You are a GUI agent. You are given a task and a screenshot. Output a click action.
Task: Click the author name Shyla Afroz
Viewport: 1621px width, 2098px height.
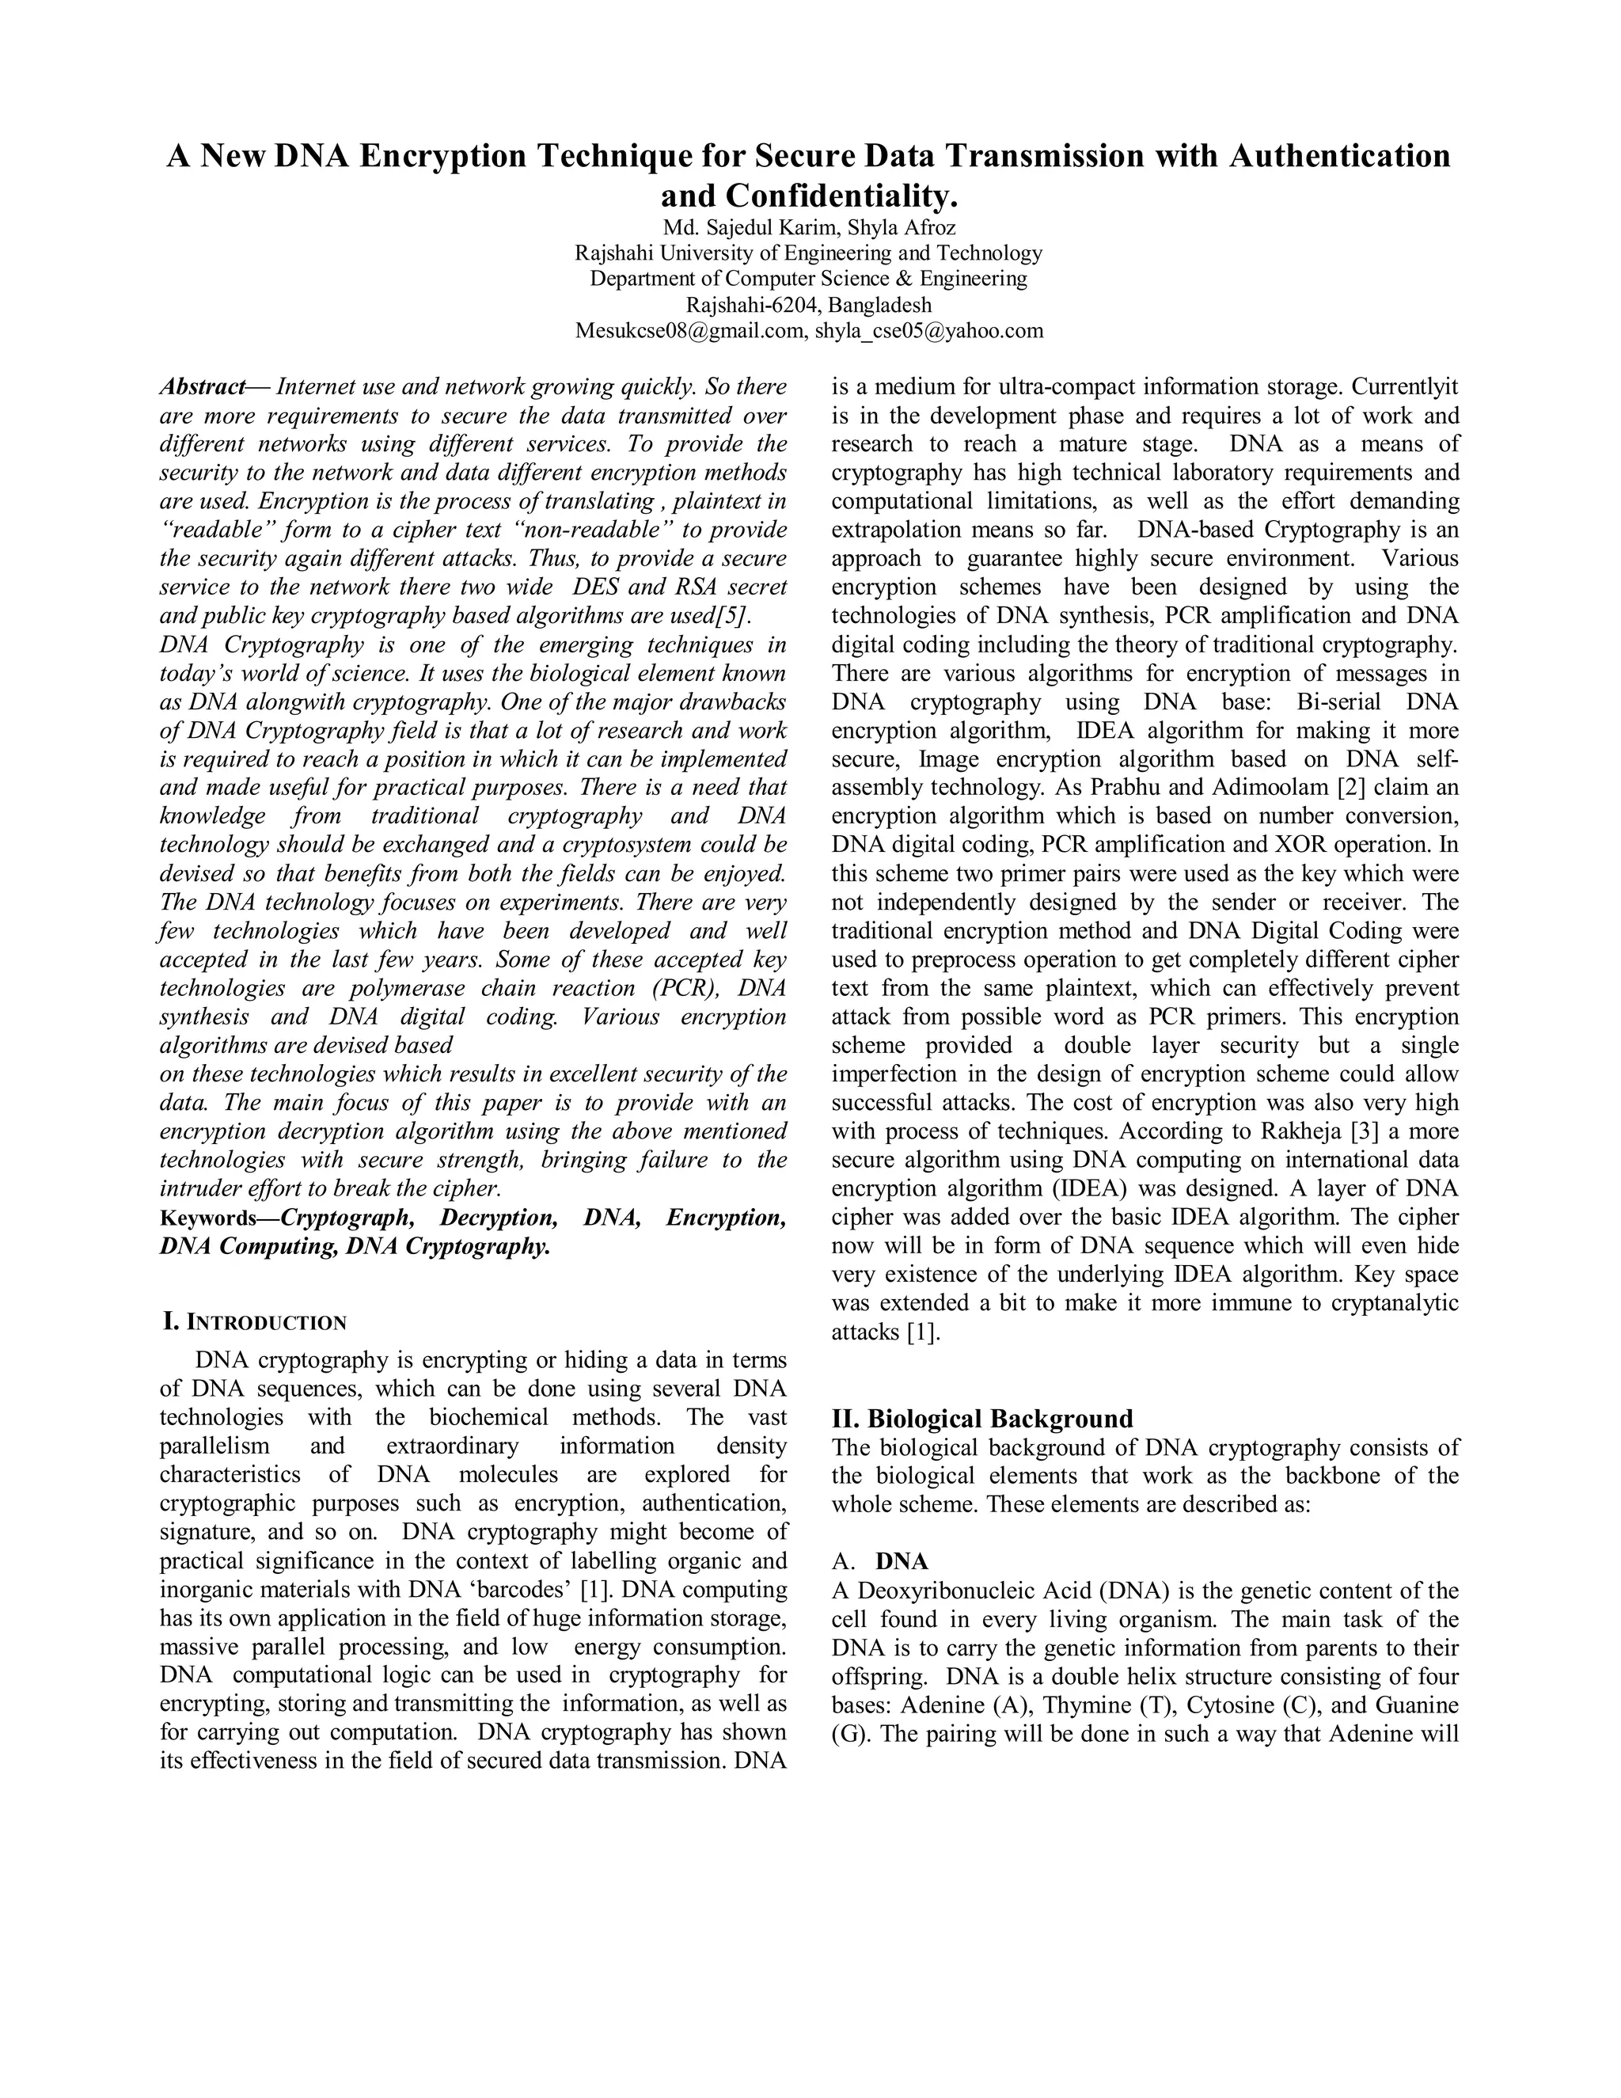[x=902, y=228]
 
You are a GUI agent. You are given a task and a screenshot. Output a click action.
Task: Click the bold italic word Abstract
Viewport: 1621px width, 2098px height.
[x=203, y=387]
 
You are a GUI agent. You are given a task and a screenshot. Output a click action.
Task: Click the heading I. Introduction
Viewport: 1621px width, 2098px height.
[x=255, y=1322]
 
